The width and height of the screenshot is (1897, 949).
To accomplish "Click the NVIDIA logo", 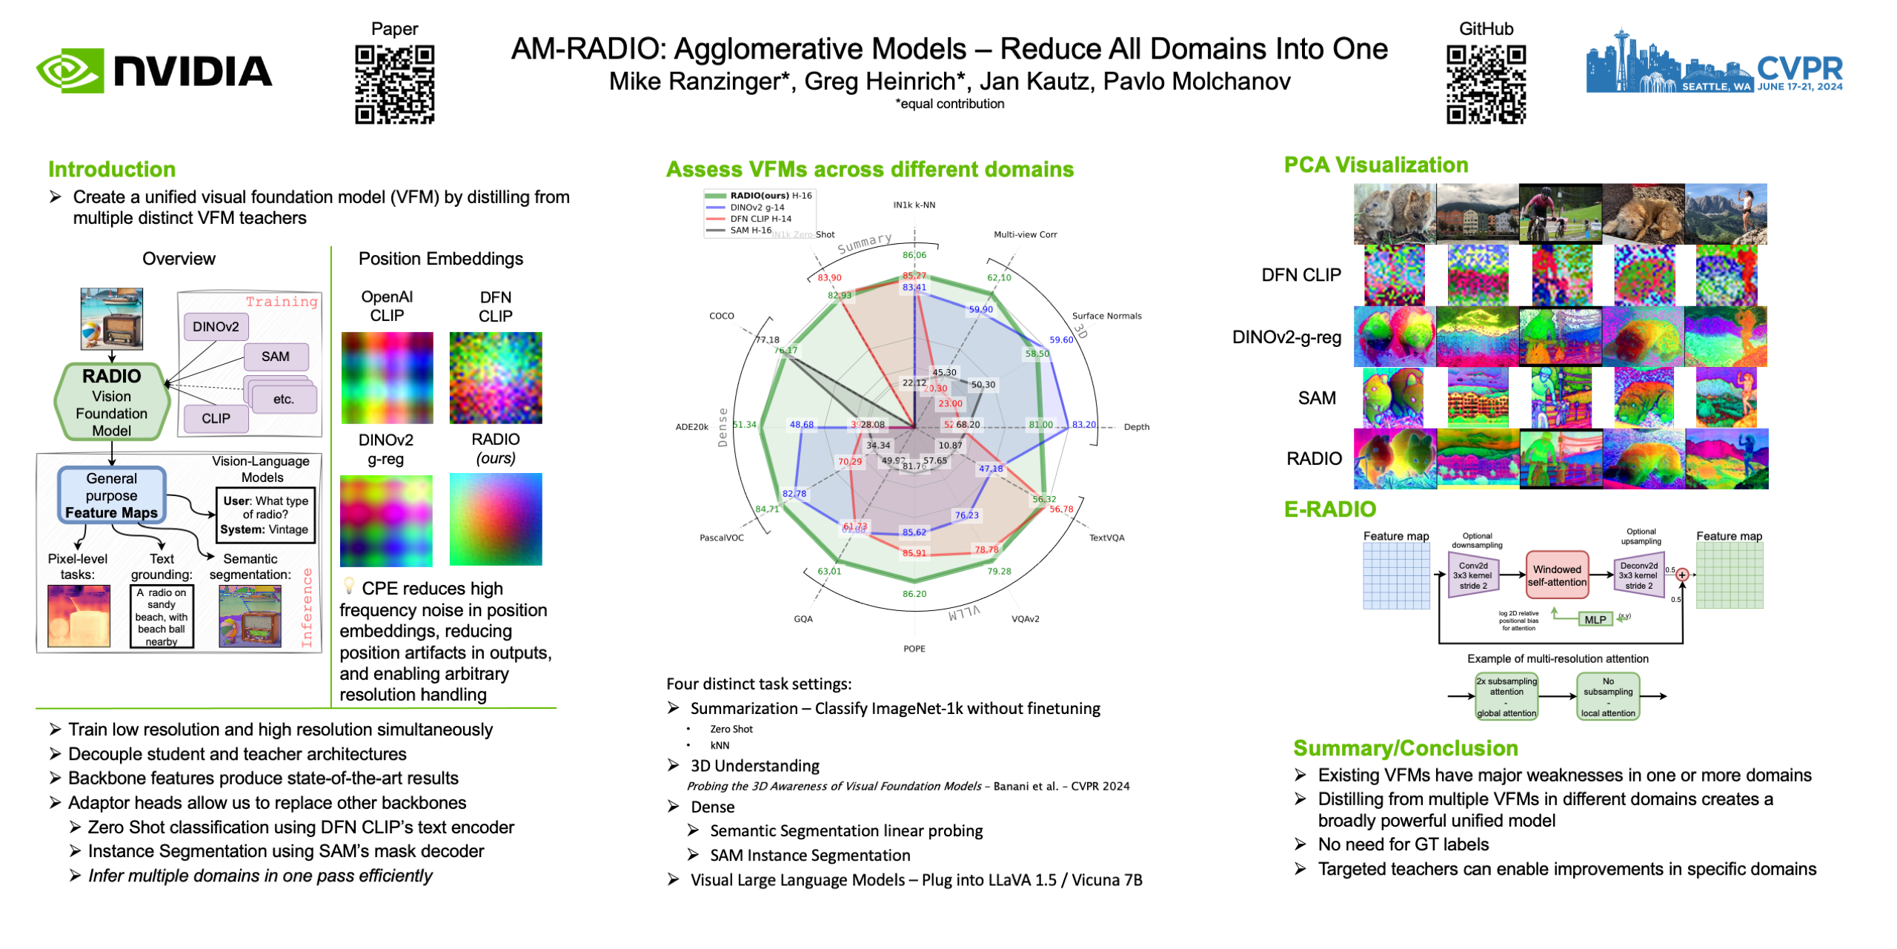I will pos(154,71).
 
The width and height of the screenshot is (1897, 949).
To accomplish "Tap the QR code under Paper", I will pos(394,84).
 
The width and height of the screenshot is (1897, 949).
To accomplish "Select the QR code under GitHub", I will pos(1485,84).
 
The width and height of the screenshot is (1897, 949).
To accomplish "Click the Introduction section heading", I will pos(112,170).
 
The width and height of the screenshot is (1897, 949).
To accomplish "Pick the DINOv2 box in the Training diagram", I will pos(216,327).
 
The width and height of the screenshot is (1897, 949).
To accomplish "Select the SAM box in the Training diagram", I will pos(275,357).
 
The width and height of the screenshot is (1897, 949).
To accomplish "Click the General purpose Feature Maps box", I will pos(111,495).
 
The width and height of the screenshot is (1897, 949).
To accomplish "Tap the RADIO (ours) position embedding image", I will pos(496,519).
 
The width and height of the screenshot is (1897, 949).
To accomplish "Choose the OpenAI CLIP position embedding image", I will pos(387,377).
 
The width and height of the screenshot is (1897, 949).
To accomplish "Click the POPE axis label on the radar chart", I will pos(914,649).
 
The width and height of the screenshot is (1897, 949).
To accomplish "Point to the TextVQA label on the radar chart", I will pos(1106,538).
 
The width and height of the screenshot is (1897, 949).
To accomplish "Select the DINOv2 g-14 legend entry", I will pos(757,208).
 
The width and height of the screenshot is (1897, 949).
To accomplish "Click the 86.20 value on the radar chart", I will pos(914,594).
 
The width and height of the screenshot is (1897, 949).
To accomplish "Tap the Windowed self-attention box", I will pos(1556,575).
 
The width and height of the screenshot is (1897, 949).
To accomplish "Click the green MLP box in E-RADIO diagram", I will pos(1595,620).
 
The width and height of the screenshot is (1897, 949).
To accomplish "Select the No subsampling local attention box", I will pos(1607,696).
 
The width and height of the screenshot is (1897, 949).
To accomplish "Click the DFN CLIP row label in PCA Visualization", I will pos(1300,275).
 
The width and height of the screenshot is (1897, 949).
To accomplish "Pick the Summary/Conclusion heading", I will pos(1405,748).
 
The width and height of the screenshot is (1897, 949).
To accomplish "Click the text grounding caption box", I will pos(162,616).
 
